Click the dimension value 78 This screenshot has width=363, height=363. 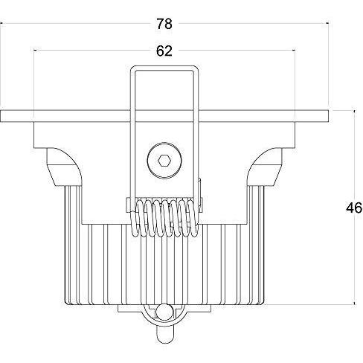164,24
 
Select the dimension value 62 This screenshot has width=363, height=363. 164,51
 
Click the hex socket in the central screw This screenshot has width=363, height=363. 164,160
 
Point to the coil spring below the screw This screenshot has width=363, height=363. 164,216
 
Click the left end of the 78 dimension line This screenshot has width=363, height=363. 1,24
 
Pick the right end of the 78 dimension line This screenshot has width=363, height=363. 328,24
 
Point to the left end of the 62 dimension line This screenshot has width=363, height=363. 34,51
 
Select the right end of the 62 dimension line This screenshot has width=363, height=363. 295,51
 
